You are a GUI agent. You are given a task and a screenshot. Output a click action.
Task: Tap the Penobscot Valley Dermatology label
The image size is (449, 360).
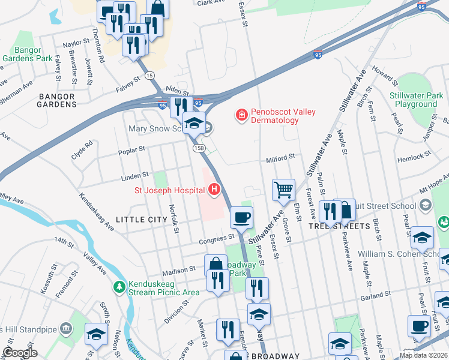[274, 116]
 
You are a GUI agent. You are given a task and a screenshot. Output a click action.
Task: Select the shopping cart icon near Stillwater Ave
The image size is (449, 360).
[283, 190]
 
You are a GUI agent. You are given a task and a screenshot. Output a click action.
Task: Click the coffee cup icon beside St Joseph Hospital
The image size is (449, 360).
[241, 217]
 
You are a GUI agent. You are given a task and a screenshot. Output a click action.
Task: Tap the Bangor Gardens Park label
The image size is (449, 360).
[27, 55]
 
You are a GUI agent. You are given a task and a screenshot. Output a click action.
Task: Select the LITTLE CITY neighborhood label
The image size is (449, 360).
[141, 220]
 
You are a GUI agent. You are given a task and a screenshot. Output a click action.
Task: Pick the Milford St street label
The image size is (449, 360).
[280, 157]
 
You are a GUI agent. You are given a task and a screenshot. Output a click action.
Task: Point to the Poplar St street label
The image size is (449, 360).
[133, 149]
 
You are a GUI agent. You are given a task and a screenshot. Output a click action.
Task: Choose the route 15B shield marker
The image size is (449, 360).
[199, 148]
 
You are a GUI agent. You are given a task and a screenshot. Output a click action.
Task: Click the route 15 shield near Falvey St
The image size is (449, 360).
[149, 75]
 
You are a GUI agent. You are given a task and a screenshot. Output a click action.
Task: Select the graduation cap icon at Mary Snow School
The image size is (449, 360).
[194, 123]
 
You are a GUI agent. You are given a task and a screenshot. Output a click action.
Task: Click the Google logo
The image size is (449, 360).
[20, 353]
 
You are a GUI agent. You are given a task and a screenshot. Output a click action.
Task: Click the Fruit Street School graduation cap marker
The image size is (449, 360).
[426, 205]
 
